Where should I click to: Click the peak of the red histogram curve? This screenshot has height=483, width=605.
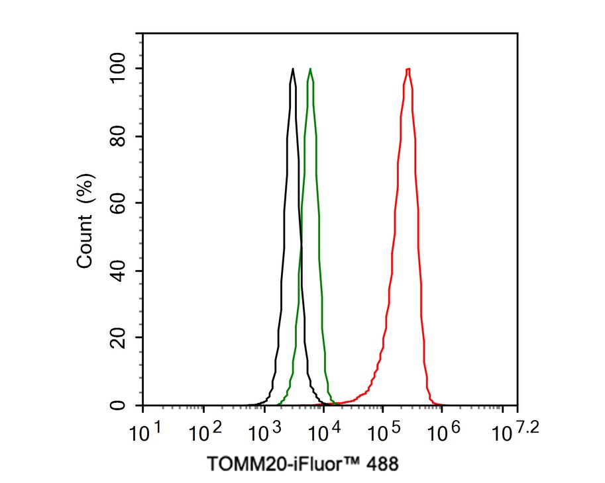(x=408, y=69)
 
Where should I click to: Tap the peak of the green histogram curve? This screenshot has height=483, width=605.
(x=309, y=69)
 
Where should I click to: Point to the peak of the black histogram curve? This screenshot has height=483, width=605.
(x=292, y=69)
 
